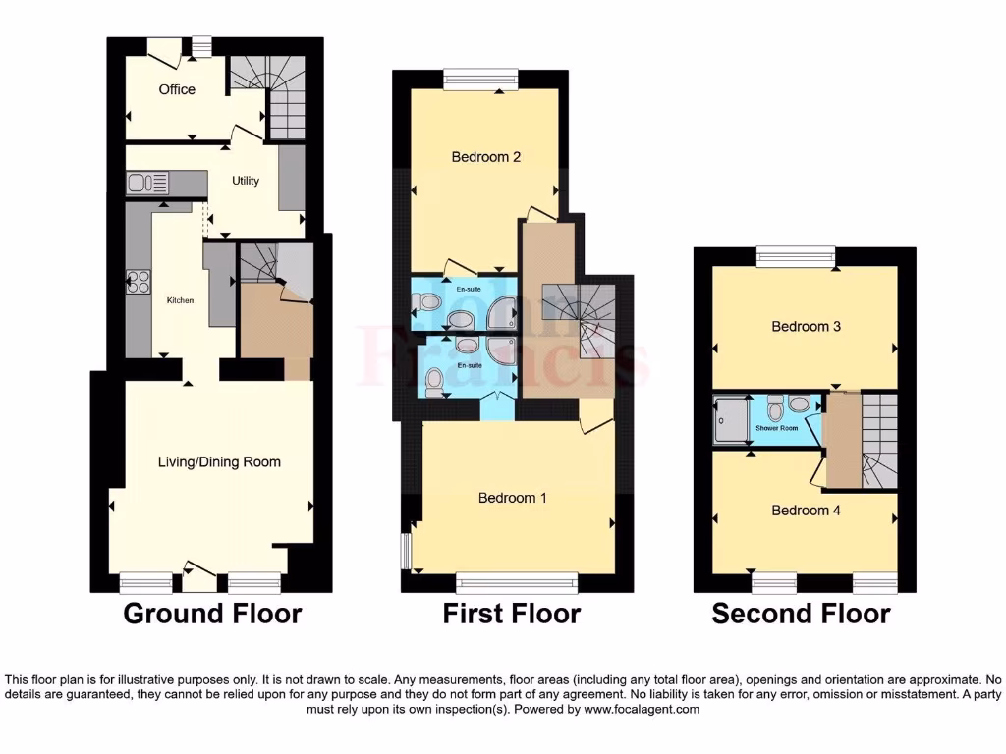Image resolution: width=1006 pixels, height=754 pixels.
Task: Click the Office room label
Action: [x=177, y=89]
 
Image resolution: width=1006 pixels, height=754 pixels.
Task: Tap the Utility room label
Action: [x=246, y=181]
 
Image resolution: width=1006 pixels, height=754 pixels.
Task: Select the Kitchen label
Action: [x=181, y=299]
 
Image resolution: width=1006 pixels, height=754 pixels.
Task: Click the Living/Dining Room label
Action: [x=220, y=461]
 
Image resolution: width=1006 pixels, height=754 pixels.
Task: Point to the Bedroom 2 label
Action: [x=485, y=157]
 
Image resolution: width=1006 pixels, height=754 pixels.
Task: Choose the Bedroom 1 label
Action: [x=512, y=498]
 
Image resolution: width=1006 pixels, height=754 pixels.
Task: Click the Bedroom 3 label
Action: [x=806, y=326]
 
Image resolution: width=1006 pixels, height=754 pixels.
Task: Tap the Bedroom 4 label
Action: [x=806, y=510]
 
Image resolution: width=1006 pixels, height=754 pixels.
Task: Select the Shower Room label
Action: [x=775, y=429]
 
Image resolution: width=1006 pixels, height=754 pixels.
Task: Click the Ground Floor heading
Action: [x=212, y=615]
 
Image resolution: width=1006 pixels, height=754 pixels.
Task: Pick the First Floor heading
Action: [x=511, y=615]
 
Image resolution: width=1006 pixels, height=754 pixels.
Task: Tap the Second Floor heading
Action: [x=801, y=615]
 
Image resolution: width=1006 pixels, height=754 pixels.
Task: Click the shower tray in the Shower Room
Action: [x=731, y=419]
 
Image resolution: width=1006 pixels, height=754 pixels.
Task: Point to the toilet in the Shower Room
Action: [x=775, y=408]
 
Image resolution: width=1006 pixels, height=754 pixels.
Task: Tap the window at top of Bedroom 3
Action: [x=795, y=256]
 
